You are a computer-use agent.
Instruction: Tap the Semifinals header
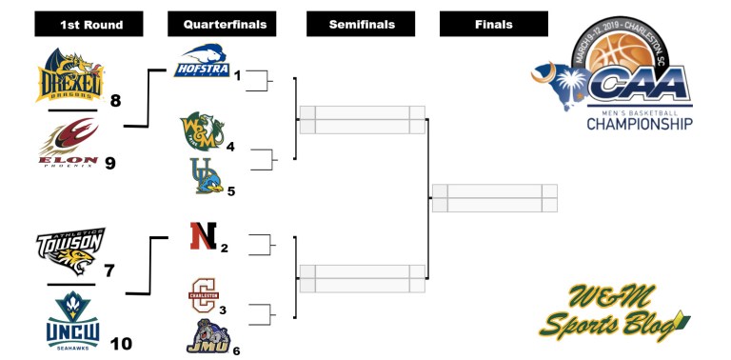point(362,24)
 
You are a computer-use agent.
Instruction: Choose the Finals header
point(493,24)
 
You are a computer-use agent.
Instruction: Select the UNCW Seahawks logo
point(69,318)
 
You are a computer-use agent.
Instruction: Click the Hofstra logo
point(203,60)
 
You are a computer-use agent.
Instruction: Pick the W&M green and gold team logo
point(201,130)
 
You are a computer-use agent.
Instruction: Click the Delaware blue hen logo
point(206,176)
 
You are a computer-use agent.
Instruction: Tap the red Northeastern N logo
point(201,235)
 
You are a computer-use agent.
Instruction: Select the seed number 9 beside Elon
point(109,163)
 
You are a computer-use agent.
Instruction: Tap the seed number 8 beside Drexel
point(115,99)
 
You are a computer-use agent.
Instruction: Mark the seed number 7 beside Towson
point(109,271)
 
